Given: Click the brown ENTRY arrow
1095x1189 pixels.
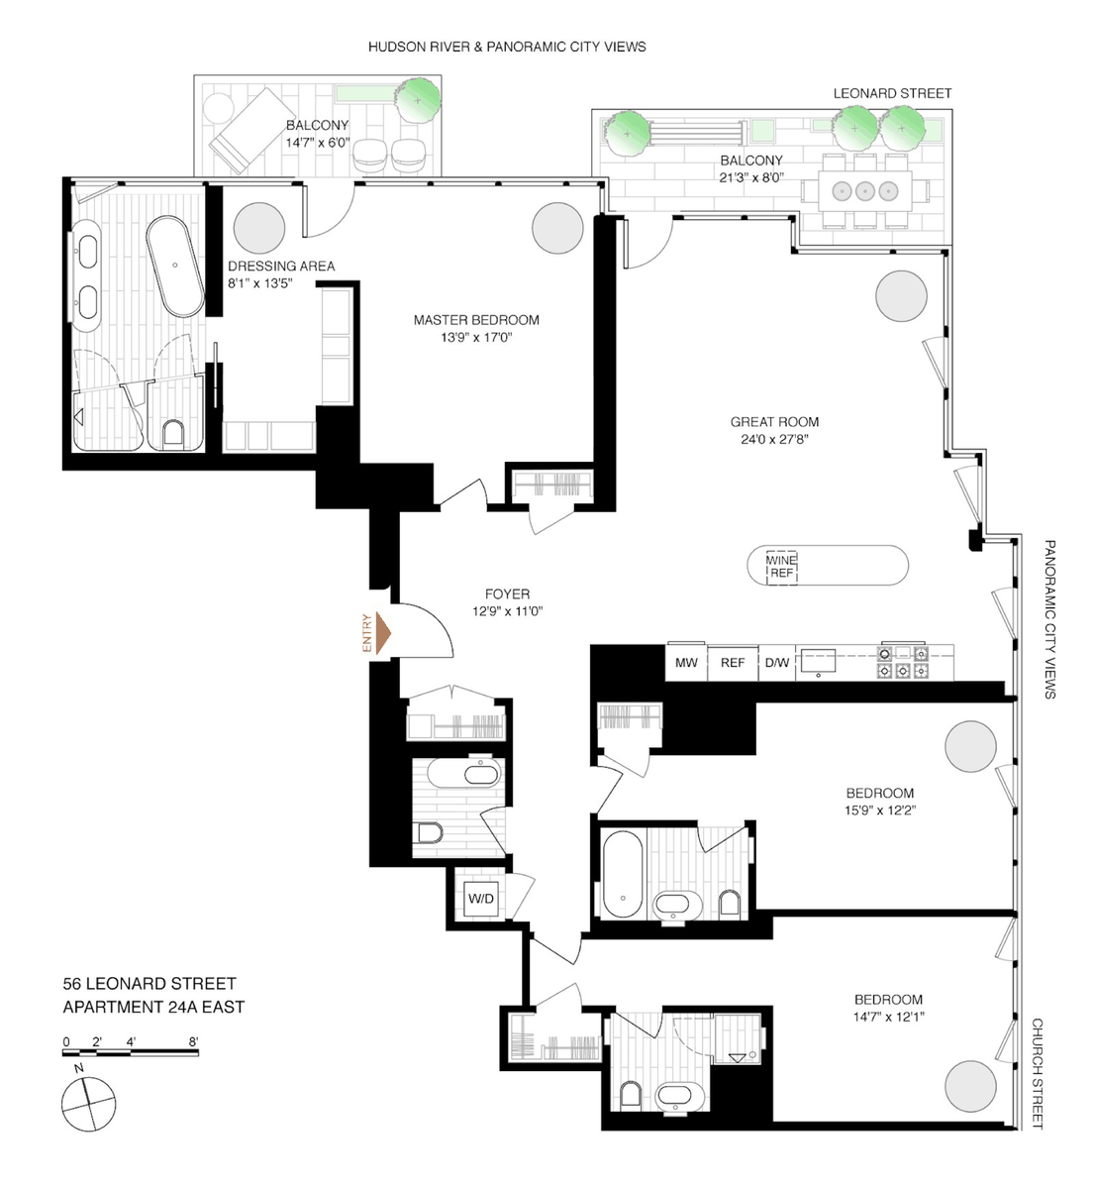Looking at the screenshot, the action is (383, 633).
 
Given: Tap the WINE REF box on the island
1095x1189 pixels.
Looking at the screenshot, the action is (781, 567).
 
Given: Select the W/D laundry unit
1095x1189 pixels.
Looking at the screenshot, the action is (480, 899).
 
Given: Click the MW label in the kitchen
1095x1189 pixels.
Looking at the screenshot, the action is (686, 663).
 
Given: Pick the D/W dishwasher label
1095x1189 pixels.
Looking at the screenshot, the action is (777, 663).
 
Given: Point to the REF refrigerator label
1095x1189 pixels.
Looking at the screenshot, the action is (733, 663).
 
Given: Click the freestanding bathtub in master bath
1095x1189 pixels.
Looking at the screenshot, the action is (175, 266).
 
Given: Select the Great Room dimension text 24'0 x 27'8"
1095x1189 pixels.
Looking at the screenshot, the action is (774, 439).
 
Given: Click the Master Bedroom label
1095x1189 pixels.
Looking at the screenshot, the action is (476, 320).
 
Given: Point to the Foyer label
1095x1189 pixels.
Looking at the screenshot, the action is (507, 594).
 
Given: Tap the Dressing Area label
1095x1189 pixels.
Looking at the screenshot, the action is (281, 267).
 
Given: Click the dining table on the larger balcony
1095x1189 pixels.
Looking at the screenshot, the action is (865, 191).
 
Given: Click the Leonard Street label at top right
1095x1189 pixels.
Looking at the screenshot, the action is (892, 93).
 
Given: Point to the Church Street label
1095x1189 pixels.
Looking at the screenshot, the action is (1037, 1073).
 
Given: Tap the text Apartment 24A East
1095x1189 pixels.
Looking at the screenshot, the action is (153, 1007).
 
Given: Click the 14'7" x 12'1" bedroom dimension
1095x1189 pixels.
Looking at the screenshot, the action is (889, 1018).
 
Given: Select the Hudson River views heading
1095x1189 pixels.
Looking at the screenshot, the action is (507, 47).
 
